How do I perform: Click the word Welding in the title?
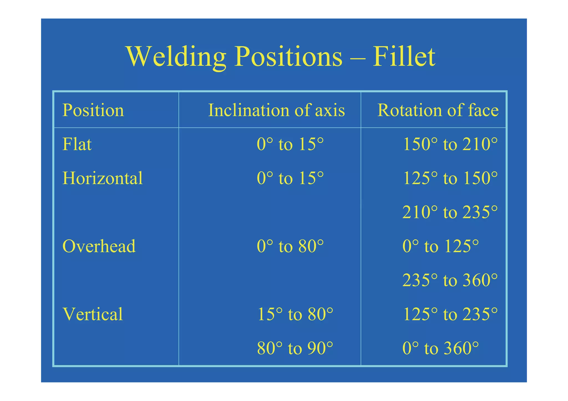(176, 57)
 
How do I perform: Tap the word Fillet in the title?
(404, 57)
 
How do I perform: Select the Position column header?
(93, 110)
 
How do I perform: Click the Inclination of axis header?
(276, 110)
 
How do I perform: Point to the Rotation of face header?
(438, 110)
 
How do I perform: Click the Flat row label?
(77, 144)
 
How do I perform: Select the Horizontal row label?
(102, 178)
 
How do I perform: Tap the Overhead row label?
(99, 246)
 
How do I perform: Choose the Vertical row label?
(93, 314)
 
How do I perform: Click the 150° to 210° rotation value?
(450, 144)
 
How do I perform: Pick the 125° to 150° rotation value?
(450, 178)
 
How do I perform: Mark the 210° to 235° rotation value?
(450, 212)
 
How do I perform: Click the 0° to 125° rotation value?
(440, 246)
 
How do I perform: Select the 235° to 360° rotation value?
(450, 280)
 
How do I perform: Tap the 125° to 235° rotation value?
(450, 314)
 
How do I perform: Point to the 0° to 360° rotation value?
(440, 348)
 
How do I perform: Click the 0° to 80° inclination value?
(290, 246)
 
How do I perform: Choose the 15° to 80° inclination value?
(295, 314)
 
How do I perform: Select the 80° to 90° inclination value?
(295, 348)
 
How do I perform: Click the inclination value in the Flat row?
(290, 144)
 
